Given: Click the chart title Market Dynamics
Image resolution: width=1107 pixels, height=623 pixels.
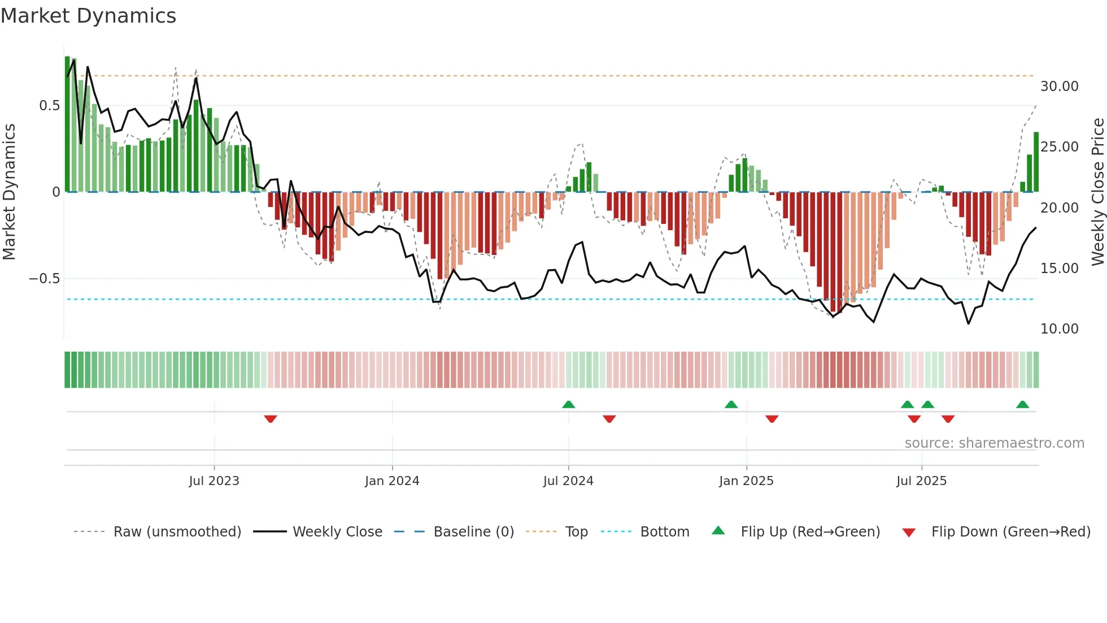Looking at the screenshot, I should [89, 16].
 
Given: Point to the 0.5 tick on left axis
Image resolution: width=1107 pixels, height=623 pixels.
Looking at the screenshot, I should [49, 106].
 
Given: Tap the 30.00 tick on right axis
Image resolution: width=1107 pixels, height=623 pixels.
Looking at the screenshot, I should [1059, 86].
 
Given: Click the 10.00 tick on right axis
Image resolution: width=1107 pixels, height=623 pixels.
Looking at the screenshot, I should [1059, 329].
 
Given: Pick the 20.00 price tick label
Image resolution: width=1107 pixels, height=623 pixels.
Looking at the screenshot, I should [1059, 208].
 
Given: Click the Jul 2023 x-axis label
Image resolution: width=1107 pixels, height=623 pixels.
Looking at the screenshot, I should [214, 481].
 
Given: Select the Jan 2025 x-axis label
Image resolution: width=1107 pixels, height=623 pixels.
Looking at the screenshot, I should [746, 481].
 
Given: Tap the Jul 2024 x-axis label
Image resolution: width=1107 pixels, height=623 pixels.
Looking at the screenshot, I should [568, 481].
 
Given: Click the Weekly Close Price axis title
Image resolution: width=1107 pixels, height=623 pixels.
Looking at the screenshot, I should [1097, 192].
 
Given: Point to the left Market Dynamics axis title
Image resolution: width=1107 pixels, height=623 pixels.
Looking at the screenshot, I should [9, 192].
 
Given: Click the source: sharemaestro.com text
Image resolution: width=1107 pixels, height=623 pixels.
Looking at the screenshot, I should [994, 443].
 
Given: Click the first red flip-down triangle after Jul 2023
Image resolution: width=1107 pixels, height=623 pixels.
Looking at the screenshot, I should [271, 419].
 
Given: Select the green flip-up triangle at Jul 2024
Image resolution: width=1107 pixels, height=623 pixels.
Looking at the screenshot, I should [569, 404].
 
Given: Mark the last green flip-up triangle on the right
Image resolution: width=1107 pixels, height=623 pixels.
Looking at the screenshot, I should [1022, 404].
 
